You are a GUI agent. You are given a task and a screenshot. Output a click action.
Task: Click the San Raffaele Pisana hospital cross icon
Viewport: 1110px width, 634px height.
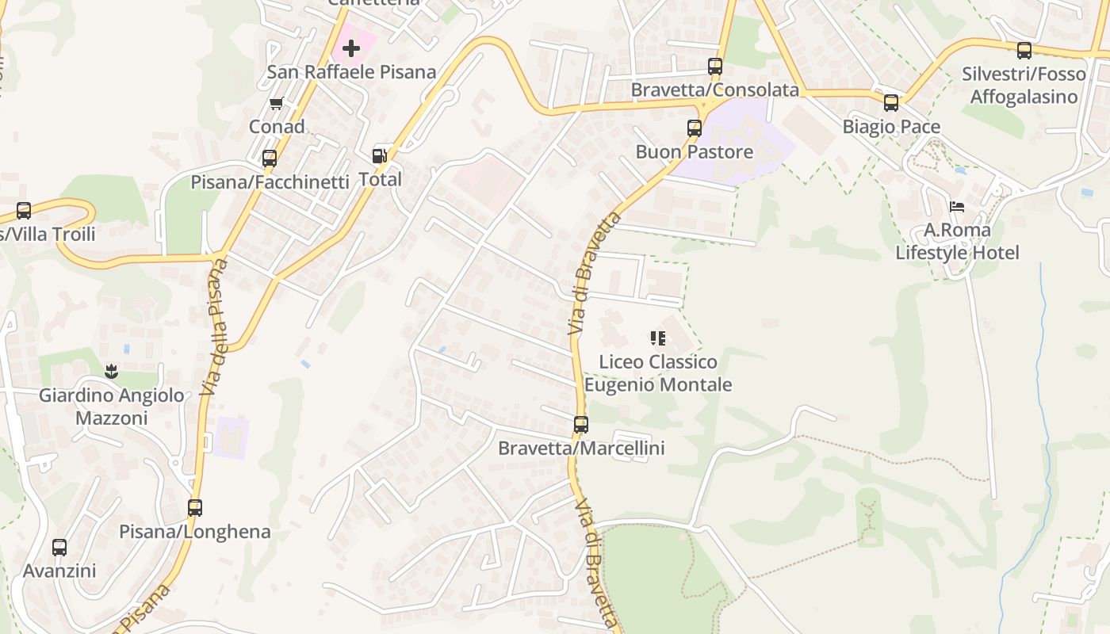[351, 49]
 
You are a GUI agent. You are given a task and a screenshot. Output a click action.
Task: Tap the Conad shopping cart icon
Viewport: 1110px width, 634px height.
[277, 103]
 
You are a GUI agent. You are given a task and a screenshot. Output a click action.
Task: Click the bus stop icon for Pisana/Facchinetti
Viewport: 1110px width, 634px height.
[270, 158]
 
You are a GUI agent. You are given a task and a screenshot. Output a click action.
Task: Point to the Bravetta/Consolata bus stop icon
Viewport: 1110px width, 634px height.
[715, 67]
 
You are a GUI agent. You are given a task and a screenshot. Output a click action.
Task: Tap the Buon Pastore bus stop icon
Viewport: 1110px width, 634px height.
[695, 128]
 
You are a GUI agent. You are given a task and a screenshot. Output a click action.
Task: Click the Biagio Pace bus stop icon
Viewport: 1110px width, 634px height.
[891, 103]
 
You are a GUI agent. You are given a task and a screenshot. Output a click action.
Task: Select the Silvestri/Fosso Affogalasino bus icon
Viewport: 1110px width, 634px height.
[1024, 51]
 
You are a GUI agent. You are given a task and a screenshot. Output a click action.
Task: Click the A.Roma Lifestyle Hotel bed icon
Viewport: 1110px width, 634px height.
[957, 207]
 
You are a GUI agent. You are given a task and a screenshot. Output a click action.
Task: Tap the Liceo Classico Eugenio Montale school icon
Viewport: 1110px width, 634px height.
[657, 338]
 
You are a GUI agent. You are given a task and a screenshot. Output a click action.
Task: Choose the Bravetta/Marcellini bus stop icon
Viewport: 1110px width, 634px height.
[581, 425]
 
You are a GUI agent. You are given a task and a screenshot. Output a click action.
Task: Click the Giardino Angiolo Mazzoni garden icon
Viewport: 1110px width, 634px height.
[111, 371]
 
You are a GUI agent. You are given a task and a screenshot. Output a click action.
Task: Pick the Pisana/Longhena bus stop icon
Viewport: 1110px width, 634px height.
[195, 508]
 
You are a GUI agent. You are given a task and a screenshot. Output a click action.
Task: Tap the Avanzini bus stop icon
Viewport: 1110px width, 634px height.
[59, 548]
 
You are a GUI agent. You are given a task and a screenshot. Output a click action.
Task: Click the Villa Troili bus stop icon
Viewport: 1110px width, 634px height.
[24, 211]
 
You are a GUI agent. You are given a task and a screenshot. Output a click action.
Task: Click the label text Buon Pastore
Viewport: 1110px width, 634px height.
[695, 151]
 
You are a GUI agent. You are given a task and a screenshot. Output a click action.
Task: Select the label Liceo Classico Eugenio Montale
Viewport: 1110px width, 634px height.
[657, 373]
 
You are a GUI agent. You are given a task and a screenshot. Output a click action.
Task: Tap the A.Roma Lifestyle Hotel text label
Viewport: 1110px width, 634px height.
[957, 242]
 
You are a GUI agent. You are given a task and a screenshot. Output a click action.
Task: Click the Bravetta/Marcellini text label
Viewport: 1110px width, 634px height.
[581, 449]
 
